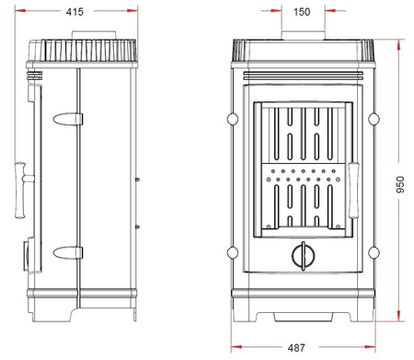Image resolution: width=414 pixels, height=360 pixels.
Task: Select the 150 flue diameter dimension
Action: (301, 13)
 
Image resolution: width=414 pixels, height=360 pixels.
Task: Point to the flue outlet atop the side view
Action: (88, 39)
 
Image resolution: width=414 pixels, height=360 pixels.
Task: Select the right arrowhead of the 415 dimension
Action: (137, 13)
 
